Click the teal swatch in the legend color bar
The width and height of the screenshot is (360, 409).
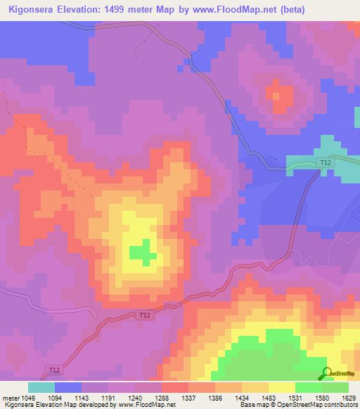(x=41, y=387)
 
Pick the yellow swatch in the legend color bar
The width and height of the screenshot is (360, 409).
(x=281, y=387)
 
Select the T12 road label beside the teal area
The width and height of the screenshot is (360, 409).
(x=324, y=162)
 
